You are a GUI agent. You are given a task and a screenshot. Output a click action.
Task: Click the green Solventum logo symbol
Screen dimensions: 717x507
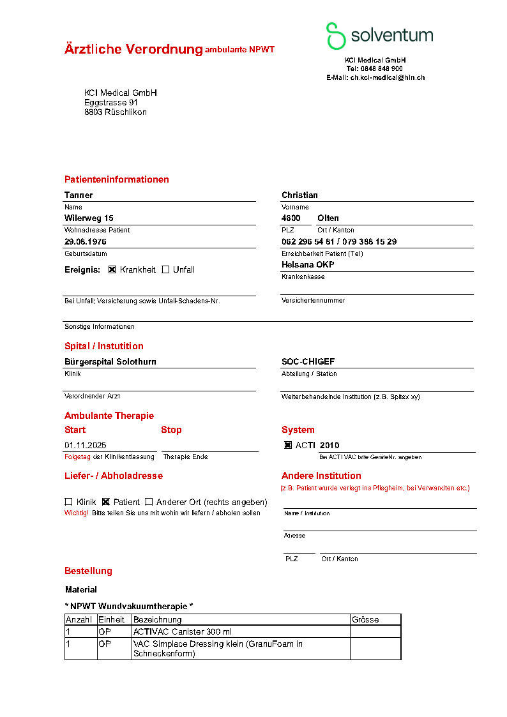pos(336,36)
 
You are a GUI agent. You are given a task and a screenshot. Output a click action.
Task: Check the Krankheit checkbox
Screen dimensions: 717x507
pos(112,269)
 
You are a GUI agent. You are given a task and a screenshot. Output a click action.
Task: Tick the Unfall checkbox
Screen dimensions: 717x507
pos(165,269)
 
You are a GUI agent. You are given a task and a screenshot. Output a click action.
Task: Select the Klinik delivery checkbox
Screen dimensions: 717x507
pos(68,502)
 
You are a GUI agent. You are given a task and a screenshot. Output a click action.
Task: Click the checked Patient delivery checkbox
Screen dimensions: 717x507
pos(106,502)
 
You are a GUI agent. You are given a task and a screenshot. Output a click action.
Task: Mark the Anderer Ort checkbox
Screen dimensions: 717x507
pos(149,502)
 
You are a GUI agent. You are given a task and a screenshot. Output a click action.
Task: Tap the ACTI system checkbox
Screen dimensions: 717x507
pos(288,445)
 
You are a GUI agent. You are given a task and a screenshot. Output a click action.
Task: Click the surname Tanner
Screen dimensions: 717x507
pos(79,195)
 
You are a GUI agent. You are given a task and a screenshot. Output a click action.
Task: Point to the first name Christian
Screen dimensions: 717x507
pos(299,195)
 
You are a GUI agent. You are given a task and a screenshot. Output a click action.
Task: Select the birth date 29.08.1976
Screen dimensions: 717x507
pos(86,242)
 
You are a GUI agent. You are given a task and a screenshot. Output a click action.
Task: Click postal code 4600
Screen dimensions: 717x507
pos(291,218)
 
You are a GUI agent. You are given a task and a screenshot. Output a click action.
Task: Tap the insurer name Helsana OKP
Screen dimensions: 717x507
pos(308,264)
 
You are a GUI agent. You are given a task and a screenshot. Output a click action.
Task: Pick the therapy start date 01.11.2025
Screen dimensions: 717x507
pos(86,445)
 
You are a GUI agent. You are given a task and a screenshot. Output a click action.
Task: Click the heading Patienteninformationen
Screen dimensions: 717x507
pos(117,179)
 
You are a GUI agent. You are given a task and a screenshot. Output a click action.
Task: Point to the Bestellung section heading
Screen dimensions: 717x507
pos(88,571)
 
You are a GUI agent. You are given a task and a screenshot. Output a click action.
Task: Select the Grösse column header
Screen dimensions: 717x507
pos(365,619)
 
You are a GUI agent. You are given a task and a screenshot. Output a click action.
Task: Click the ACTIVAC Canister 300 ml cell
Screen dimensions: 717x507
pos(183,631)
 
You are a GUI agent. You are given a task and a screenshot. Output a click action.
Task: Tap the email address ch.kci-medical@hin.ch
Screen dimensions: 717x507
pos(387,77)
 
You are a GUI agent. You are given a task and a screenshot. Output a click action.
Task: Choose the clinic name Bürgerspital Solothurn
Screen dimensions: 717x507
pos(110,361)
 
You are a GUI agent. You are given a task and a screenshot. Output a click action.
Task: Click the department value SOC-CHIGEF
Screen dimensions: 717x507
pos(309,361)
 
